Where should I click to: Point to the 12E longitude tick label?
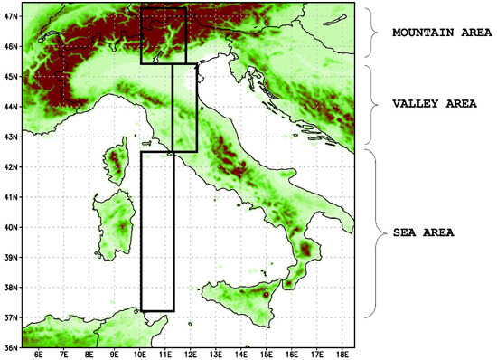coord(191,355)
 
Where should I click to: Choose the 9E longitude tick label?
coord(114,355)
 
